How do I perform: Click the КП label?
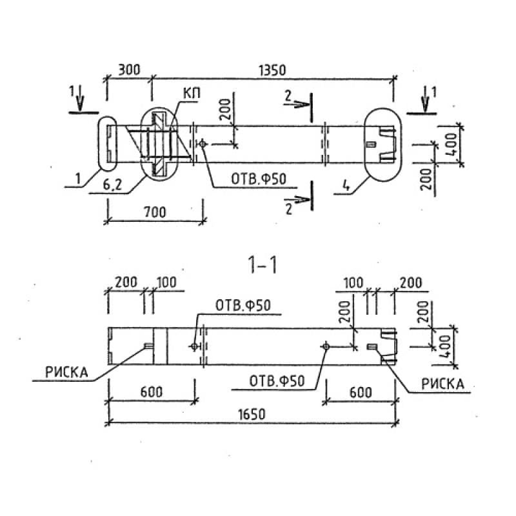click(191, 95)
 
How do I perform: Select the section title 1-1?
click(262, 265)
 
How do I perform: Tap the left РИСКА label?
click(66, 372)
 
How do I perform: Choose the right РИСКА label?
click(442, 384)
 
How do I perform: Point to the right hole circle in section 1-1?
click(326, 347)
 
